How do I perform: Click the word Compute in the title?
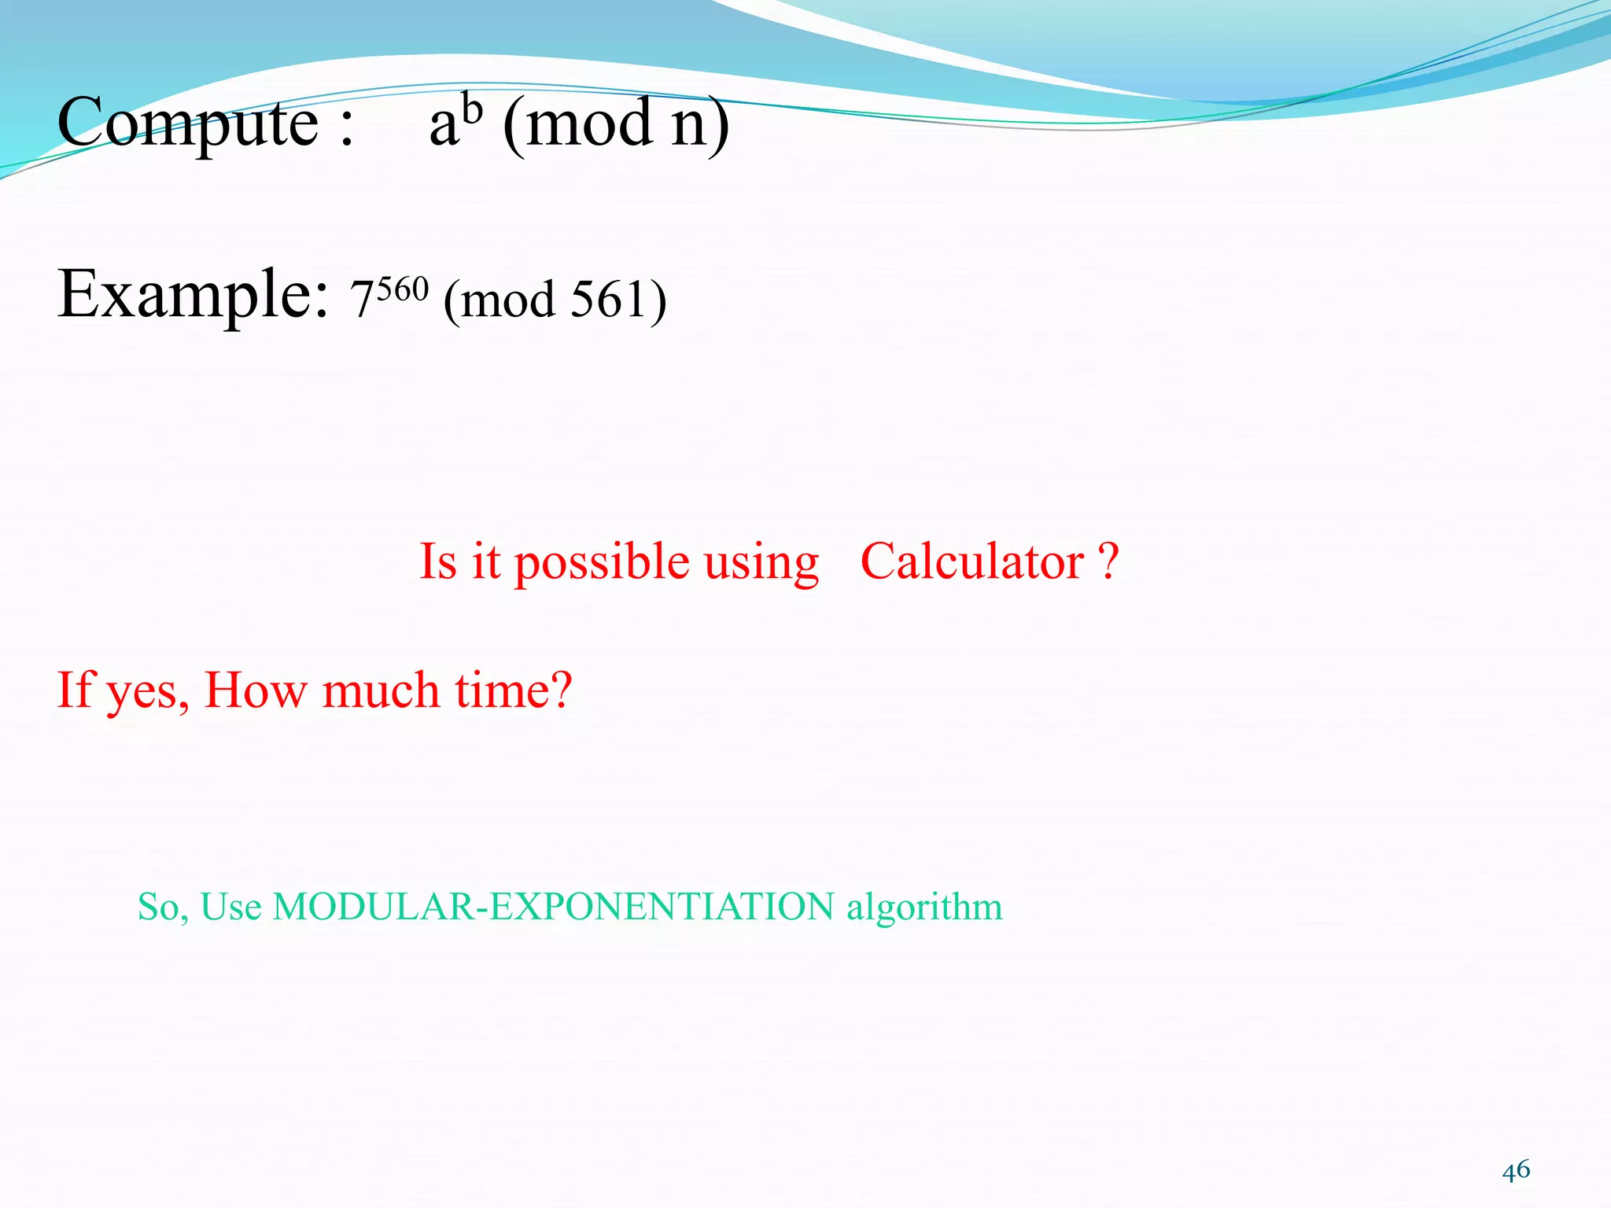click(x=187, y=124)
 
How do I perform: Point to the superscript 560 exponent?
click(x=402, y=289)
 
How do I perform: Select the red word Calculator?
click(x=972, y=562)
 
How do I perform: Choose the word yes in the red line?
click(x=147, y=692)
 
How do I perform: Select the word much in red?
click(x=381, y=690)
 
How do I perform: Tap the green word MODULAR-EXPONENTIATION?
click(x=553, y=907)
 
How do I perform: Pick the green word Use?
click(x=230, y=907)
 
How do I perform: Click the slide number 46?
click(x=1516, y=1170)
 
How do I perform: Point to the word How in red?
click(x=255, y=690)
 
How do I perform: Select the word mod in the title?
click(x=588, y=124)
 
